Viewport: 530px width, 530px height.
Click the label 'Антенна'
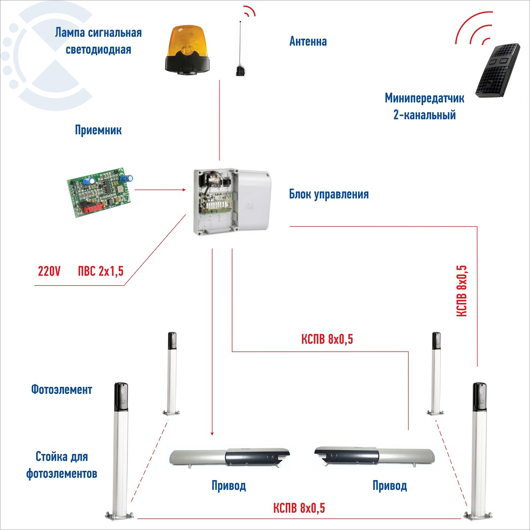(x=308, y=42)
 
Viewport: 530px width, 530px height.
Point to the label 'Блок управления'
(x=329, y=194)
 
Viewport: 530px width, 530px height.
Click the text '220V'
(x=49, y=272)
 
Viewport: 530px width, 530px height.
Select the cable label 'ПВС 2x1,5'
(x=101, y=272)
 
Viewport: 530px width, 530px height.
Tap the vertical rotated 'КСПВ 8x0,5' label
(x=462, y=291)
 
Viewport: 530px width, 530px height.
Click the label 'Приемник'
(x=98, y=130)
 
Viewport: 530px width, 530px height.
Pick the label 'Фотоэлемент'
(x=61, y=390)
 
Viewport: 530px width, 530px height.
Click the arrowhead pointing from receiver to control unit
(x=184, y=190)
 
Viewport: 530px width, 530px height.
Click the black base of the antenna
(x=240, y=71)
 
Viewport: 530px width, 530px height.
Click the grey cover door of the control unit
(x=253, y=199)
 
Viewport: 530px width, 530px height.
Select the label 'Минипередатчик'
(x=424, y=98)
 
